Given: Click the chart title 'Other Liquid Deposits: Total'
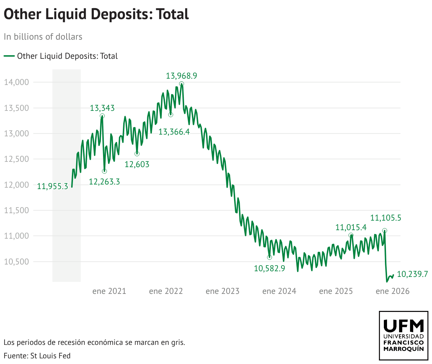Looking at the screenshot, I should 96,14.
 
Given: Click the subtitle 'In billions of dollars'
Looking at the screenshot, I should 43,37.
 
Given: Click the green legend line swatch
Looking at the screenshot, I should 9,56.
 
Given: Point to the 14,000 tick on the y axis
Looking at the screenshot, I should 16,83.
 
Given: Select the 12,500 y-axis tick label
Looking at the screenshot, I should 16,159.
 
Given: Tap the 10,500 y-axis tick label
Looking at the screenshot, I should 16,262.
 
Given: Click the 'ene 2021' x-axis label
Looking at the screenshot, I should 109,291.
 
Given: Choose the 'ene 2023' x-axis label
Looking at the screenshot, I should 222,291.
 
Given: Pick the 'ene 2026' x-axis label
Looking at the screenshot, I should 392,291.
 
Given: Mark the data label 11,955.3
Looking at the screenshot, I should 52,187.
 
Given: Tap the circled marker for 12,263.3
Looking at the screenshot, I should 104,171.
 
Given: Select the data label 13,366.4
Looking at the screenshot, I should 174,132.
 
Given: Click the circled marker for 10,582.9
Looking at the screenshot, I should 269,257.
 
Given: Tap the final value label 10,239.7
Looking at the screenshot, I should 413,274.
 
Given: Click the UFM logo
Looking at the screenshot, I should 404,335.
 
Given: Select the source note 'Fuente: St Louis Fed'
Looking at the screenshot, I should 37,356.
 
